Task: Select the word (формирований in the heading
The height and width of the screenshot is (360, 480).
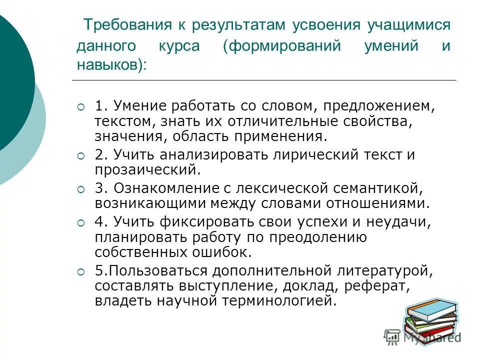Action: [282, 46]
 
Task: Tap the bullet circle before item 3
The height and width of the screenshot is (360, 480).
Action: [81, 189]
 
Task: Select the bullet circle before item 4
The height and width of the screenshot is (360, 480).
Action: [81, 223]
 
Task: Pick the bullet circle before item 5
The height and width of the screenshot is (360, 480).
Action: [81, 271]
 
